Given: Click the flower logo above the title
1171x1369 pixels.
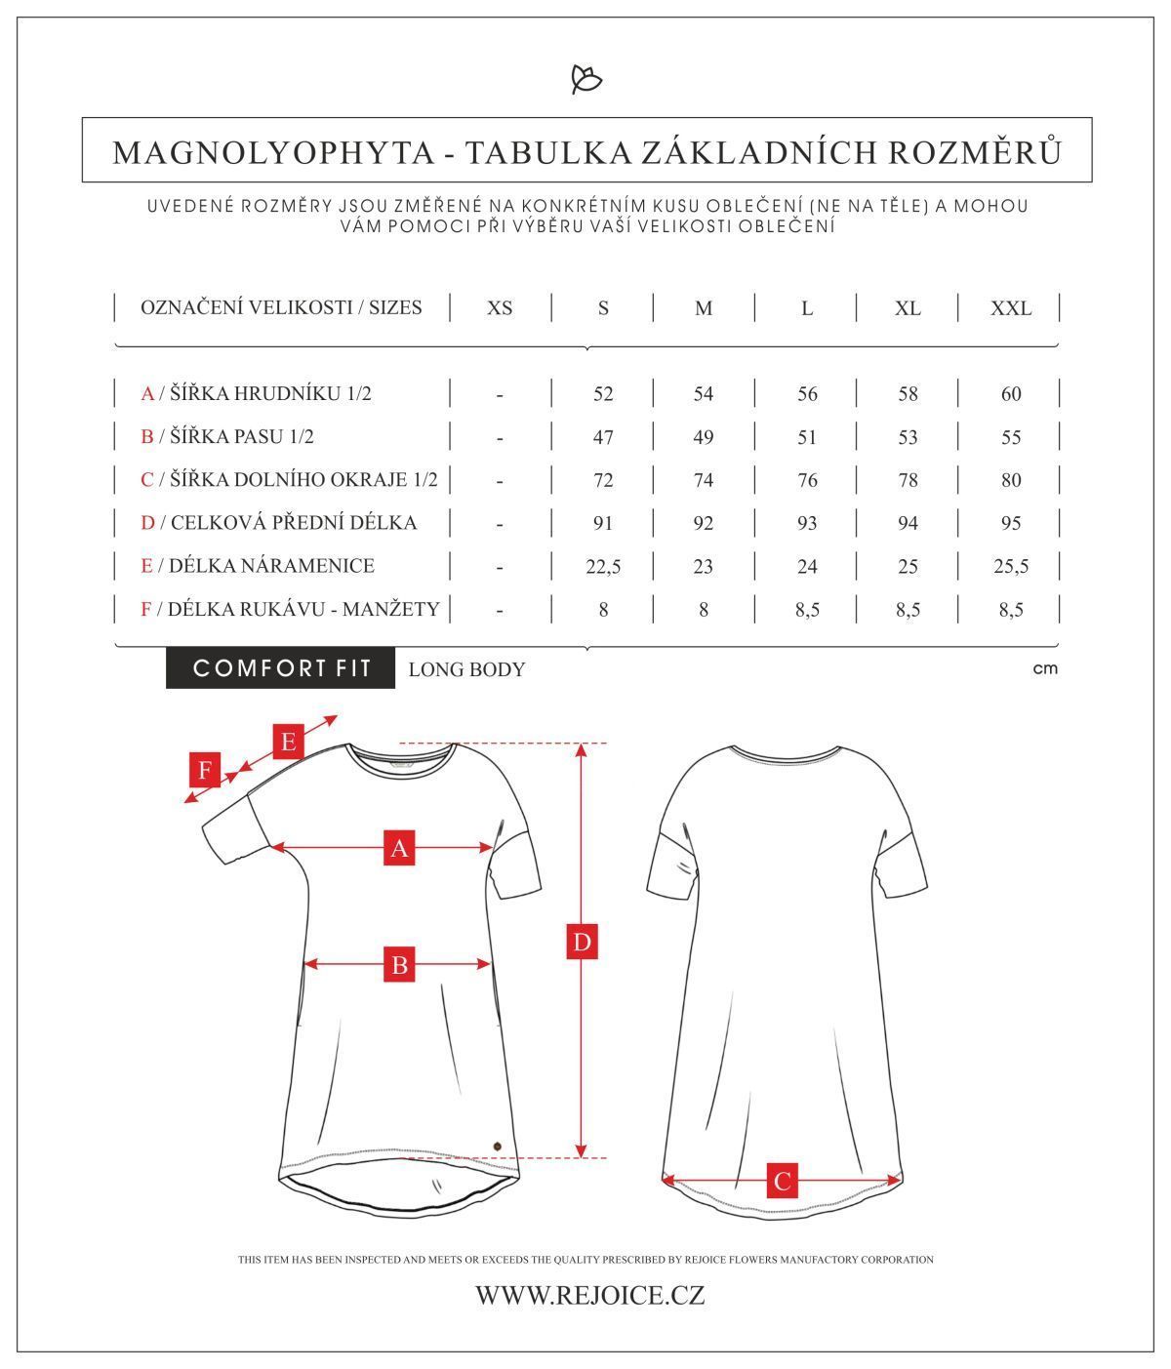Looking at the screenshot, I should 585,79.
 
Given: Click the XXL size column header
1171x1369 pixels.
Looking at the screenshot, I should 1010,308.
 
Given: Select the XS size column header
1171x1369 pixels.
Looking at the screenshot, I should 500,308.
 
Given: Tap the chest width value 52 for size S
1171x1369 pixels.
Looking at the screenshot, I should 603,394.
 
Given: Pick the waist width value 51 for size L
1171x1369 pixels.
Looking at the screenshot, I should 806,437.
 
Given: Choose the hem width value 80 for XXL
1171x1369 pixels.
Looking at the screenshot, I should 1010,480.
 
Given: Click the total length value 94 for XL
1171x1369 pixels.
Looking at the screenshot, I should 908,523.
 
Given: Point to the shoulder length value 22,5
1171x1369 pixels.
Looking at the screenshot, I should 603,566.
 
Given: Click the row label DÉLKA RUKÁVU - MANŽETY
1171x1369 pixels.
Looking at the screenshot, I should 291,609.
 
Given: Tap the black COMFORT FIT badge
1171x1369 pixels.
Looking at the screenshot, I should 281,668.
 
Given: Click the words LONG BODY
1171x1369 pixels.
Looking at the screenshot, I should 466,669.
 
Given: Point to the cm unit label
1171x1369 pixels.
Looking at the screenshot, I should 1044,669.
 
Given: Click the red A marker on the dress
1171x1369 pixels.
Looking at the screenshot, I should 399,848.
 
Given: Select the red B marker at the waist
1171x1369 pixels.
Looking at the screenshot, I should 399,965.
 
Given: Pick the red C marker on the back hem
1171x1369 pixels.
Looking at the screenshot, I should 782,1181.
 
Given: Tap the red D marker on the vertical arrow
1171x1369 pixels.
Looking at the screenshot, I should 582,943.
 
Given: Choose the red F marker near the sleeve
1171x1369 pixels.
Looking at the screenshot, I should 205,771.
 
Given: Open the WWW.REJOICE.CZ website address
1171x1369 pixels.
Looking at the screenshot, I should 589,1296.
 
